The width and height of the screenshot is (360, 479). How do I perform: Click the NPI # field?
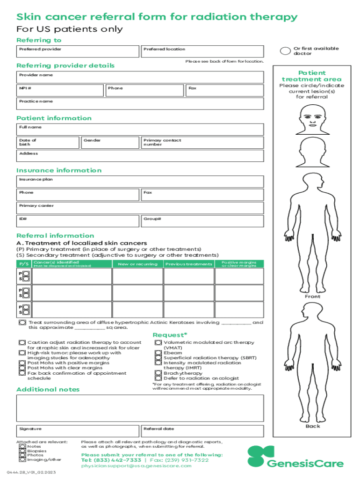[x=60, y=91]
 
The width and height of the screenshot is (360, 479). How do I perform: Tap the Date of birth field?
[x=47, y=143]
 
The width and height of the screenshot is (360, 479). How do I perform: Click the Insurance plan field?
[x=140, y=181]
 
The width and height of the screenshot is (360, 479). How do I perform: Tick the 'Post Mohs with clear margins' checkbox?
[x=22, y=368]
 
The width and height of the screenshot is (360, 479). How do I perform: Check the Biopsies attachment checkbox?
[x=22, y=451]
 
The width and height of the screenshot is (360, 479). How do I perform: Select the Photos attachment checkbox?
[x=22, y=455]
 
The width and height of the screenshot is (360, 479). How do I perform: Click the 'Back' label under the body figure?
[x=313, y=426]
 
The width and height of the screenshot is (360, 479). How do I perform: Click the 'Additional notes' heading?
[x=48, y=390]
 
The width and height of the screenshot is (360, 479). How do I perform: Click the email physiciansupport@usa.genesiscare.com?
[x=129, y=466]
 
